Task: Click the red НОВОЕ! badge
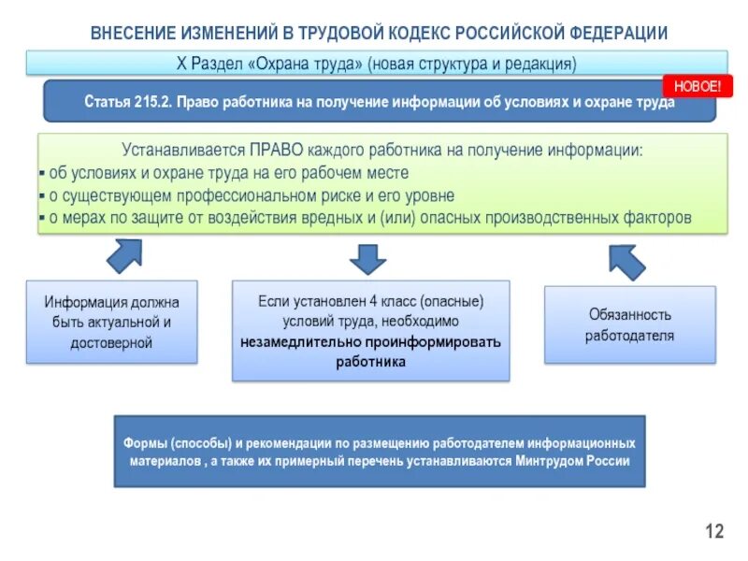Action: (698, 86)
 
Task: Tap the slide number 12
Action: (714, 532)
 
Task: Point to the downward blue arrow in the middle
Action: (367, 258)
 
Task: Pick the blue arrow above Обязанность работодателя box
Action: (626, 260)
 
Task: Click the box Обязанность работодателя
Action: (629, 324)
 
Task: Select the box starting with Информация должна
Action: (111, 322)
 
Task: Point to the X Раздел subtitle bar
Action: (377, 64)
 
